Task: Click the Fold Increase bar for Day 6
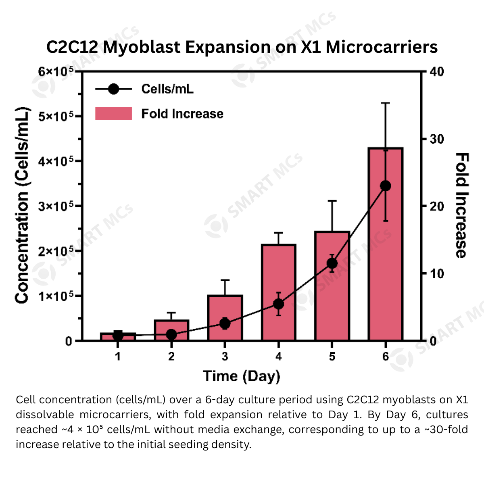click(386, 262)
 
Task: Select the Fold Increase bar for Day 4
click(278, 274)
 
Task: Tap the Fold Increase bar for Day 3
click(225, 311)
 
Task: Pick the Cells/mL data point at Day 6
click(386, 186)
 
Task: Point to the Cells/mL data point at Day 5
click(332, 263)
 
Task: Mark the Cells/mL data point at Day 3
click(225, 323)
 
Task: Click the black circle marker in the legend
click(113, 89)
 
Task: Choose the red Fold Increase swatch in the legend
click(113, 114)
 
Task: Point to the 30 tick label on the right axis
click(436, 139)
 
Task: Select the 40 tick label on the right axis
click(436, 72)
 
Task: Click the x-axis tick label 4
click(278, 357)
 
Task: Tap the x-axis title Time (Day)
click(241, 376)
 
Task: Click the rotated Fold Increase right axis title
click(462, 205)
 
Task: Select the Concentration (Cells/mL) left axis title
click(22, 205)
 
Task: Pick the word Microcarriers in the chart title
click(382, 47)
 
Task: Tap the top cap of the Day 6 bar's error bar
click(386, 103)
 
